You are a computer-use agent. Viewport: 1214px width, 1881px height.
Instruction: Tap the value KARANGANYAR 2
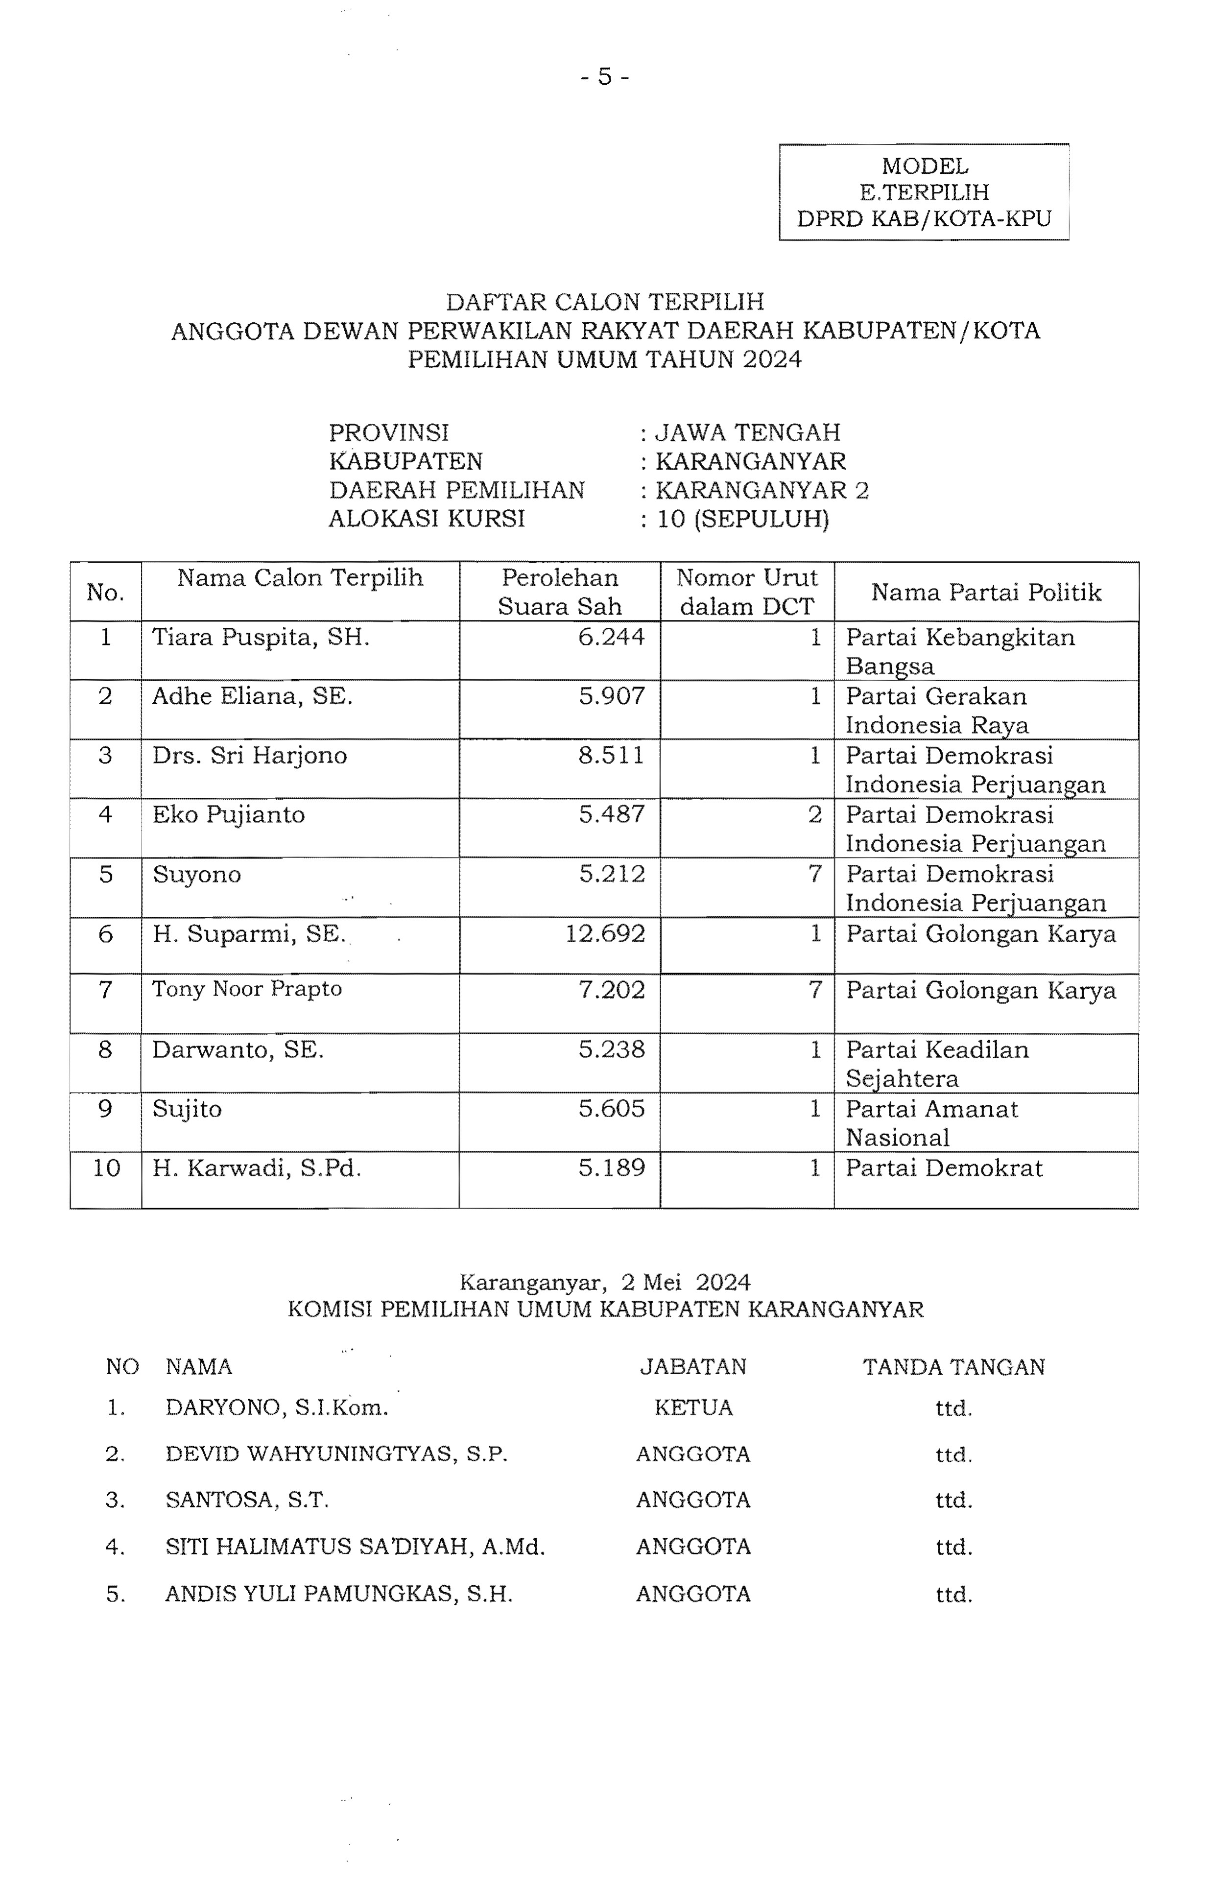tap(762, 490)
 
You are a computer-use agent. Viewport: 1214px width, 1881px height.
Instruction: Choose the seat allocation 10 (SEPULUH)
tap(742, 519)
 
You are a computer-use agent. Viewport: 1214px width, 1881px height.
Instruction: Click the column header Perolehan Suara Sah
tap(560, 591)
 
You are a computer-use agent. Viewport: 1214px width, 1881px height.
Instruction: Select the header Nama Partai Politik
tap(985, 592)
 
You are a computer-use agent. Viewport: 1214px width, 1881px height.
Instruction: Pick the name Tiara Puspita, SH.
tap(261, 637)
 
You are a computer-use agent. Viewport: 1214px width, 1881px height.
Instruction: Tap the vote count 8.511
tap(611, 755)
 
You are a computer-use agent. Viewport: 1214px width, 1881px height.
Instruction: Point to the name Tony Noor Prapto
tap(247, 989)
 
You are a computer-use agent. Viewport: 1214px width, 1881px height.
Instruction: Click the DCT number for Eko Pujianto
tap(815, 814)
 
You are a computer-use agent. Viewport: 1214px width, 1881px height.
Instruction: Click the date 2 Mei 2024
tap(685, 1282)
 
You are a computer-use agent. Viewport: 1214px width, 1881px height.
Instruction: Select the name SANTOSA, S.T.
tap(247, 1500)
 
